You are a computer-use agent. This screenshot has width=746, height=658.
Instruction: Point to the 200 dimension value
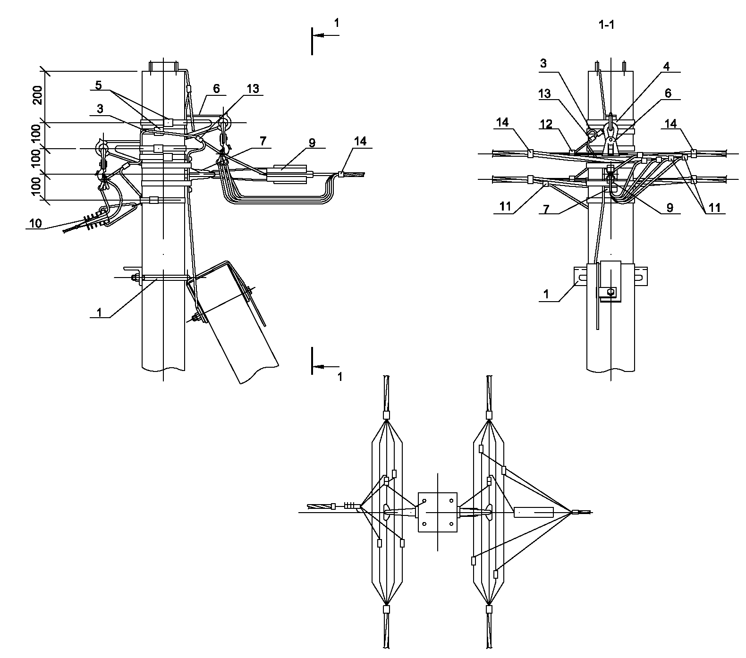[x=39, y=97]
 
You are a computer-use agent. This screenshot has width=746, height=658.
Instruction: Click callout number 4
[x=666, y=66]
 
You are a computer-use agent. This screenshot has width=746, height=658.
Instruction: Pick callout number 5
[x=98, y=85]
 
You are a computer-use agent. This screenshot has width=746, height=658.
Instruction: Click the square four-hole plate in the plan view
[x=438, y=512]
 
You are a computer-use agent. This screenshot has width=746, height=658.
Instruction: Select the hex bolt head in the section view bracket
[x=611, y=292]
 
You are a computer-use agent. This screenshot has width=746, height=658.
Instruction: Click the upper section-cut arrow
[x=325, y=35]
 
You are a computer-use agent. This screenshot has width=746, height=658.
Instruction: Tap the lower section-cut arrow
[x=325, y=366]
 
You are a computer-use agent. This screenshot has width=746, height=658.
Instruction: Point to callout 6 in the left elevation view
[x=216, y=88]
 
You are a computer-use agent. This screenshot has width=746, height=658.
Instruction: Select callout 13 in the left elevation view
[x=253, y=88]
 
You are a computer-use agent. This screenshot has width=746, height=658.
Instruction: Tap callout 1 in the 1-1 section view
[x=546, y=294]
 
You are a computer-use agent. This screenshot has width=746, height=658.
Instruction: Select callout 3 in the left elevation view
[x=100, y=109]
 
